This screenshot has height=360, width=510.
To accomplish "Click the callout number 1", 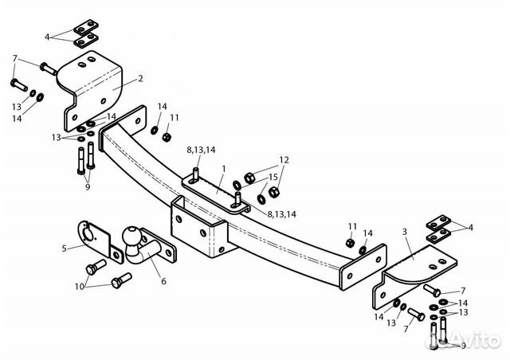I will tap(224, 169).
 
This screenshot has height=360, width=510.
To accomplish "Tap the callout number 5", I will tap(65, 248).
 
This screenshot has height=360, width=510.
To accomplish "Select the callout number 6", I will tap(163, 280).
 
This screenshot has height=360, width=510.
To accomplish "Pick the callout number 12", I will tap(284, 160).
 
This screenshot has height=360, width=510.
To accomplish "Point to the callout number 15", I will tap(273, 177).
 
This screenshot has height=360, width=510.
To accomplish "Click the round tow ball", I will tap(131, 237).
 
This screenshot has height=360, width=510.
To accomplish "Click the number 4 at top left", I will tap(47, 37).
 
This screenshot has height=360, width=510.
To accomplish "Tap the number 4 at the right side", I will tap(470, 227).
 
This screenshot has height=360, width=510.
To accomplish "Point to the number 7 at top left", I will tap(14, 58).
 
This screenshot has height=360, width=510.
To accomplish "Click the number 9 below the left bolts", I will tap(87, 187).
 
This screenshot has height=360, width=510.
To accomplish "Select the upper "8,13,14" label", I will tap(200, 149).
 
